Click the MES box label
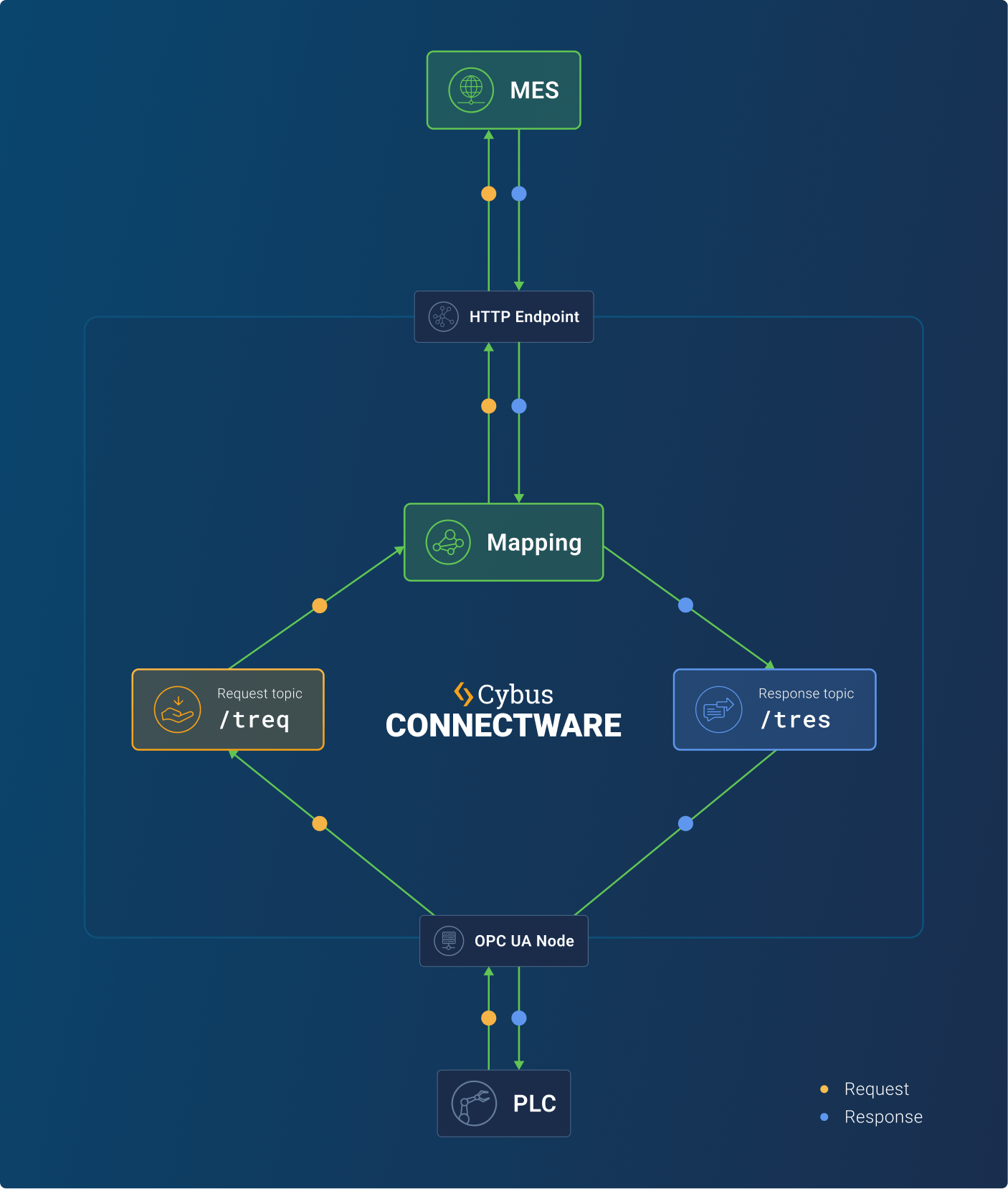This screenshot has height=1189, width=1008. (534, 90)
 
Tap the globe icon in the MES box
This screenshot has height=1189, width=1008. (471, 90)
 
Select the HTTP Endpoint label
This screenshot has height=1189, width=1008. (524, 317)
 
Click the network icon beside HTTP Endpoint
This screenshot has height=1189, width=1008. (443, 316)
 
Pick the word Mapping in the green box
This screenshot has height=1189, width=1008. (534, 543)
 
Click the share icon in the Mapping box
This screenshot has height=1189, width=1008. (448, 542)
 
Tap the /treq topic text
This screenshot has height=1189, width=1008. (255, 719)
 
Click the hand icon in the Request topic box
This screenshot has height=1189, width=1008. (177, 709)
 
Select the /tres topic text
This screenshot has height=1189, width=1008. (796, 719)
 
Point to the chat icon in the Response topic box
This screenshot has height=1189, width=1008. (718, 709)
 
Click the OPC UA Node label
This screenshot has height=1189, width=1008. (524, 941)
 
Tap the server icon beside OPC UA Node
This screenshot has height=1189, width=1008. (449, 940)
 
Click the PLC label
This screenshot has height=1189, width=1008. (534, 1104)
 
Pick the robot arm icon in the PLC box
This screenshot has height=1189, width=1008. (474, 1103)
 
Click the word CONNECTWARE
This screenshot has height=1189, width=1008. (503, 726)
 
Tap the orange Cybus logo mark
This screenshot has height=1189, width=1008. (463, 693)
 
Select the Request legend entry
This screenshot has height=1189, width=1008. (876, 1089)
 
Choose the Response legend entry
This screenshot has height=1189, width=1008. (883, 1117)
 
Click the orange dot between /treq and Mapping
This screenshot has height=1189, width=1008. (320, 606)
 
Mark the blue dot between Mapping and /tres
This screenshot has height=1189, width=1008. (685, 605)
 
